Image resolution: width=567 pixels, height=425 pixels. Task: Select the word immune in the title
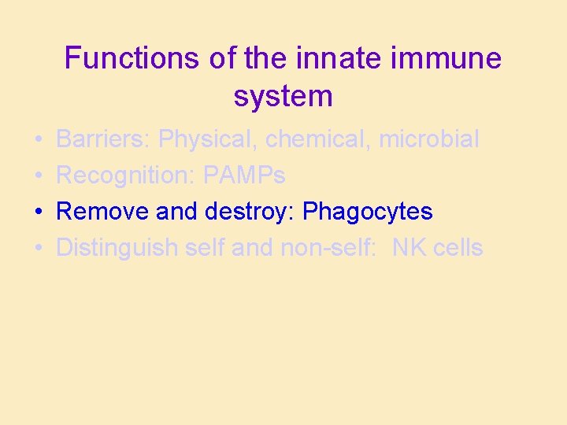click(451, 58)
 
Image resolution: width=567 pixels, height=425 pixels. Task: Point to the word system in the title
click(283, 96)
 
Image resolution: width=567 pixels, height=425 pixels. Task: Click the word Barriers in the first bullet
click(103, 139)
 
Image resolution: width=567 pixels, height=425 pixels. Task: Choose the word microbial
click(428, 139)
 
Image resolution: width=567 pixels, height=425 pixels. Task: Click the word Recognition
click(126, 176)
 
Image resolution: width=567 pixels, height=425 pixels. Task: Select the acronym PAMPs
click(244, 176)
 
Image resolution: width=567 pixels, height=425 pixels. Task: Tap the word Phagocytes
click(367, 212)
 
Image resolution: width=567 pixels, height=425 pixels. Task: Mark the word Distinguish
click(117, 248)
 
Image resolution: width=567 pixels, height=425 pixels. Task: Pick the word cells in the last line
click(458, 248)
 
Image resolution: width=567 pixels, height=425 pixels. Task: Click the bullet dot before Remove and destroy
click(38, 213)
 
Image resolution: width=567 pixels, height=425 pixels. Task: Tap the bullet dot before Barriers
click(38, 140)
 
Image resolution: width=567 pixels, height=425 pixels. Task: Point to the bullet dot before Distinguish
click(38, 249)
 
